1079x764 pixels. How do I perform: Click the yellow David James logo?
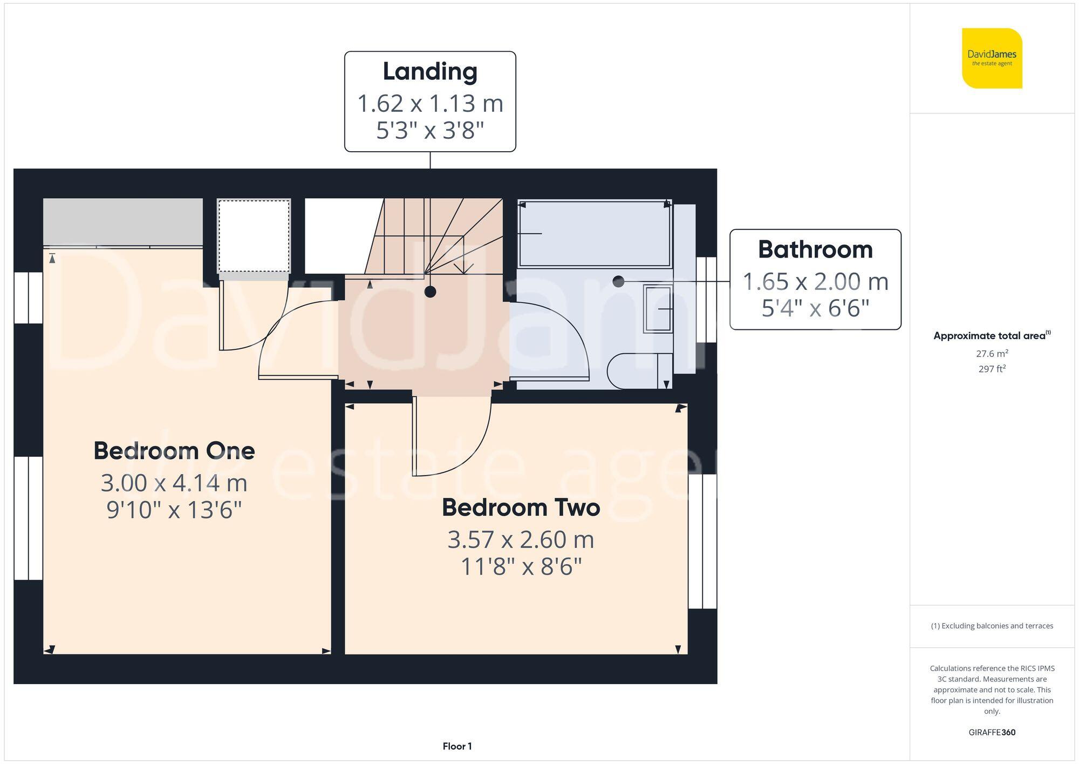pos(992,58)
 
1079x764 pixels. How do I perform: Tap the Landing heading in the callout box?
pos(430,72)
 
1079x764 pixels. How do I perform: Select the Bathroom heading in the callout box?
pos(815,249)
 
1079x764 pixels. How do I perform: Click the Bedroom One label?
pos(174,451)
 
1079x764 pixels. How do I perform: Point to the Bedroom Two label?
pos(521,508)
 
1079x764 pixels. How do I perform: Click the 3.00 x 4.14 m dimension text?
pos(174,483)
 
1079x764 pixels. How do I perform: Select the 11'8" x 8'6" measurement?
pos(521,567)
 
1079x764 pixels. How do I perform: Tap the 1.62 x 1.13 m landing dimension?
pos(430,103)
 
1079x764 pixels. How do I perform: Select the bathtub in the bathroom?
pos(594,234)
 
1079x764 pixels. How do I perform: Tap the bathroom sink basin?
pos(657,309)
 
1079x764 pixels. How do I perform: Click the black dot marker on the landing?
pos(430,292)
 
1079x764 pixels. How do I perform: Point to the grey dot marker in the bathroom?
pos(618,281)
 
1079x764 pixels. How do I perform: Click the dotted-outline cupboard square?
pos(254,236)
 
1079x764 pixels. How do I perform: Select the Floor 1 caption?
pos(457,746)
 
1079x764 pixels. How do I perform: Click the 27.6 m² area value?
pos(992,354)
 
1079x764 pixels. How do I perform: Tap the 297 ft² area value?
pos(992,369)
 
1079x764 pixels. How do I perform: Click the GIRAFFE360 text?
pos(992,732)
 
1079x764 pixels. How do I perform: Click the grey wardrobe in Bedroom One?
pos(123,222)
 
